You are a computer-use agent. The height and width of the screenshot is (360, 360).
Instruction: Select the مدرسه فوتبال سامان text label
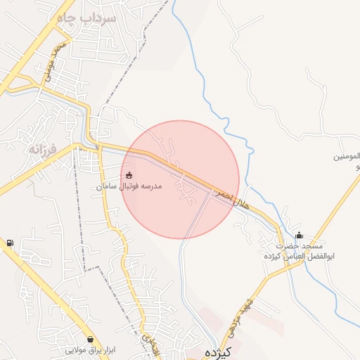130,187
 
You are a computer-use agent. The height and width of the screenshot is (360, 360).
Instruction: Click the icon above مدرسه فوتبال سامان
129,175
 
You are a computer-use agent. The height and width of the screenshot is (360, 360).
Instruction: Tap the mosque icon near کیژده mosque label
299,236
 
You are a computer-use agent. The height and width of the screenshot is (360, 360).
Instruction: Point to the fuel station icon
9,243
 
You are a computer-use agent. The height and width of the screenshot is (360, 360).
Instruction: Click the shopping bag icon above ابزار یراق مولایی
91,340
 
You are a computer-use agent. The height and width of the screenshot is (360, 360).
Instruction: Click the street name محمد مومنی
56,60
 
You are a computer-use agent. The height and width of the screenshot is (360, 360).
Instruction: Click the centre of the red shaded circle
180,179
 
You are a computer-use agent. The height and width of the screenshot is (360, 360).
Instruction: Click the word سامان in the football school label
106,187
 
